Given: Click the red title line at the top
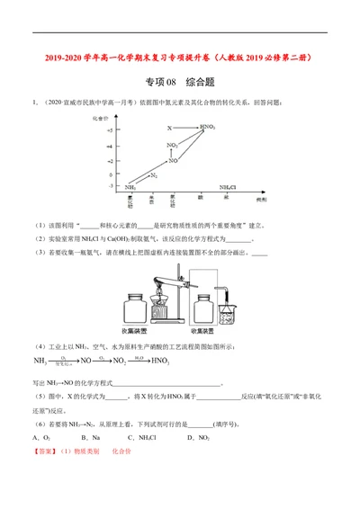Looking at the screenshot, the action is pos(180,57).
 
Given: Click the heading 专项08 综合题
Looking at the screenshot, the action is pos(180,82).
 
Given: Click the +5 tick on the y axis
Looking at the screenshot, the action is pos(109,129).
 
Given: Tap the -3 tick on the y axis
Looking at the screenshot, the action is pos(110,186).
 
